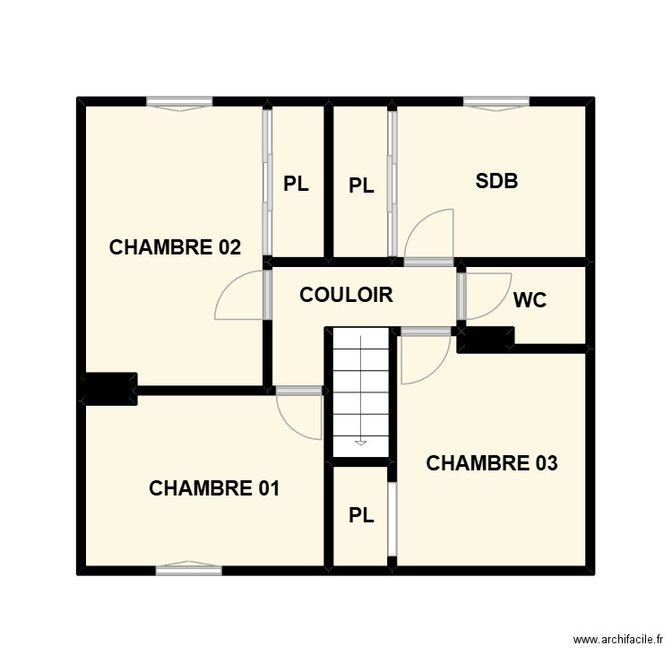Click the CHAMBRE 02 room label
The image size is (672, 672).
pyautogui.click(x=175, y=247)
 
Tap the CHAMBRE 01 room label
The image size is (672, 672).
pyautogui.click(x=214, y=488)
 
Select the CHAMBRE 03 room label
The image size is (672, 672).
pyautogui.click(x=492, y=463)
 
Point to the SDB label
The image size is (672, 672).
pyautogui.click(x=496, y=181)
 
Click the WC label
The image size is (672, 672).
pyautogui.click(x=530, y=300)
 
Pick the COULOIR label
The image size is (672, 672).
pyautogui.click(x=346, y=295)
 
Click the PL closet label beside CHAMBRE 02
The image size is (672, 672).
pyautogui.click(x=297, y=184)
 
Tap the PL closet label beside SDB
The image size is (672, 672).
pyautogui.click(x=361, y=186)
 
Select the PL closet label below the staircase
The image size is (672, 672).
pyautogui.click(x=361, y=515)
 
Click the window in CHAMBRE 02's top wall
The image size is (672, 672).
pyautogui.click(x=179, y=103)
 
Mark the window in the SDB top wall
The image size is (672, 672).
pyautogui.click(x=496, y=103)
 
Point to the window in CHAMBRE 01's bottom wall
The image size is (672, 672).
pyautogui.click(x=188, y=568)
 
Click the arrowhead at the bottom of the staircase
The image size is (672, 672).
pyautogui.click(x=361, y=443)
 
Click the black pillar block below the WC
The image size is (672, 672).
pyautogui.click(x=486, y=340)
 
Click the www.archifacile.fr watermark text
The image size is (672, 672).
pyautogui.click(x=618, y=640)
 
